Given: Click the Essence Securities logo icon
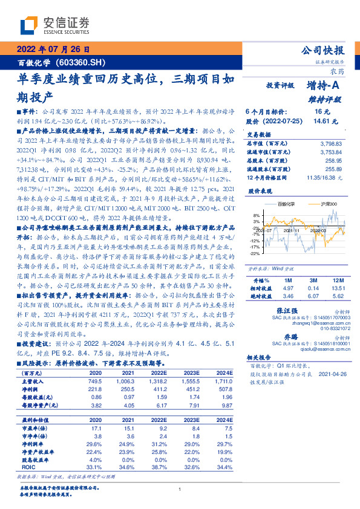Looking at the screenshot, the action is (x=30, y=25).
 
